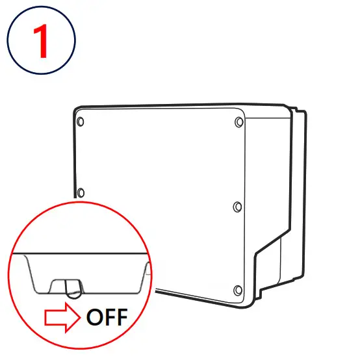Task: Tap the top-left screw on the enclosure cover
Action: (81, 122)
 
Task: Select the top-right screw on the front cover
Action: (238, 122)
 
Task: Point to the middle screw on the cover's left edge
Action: (81, 192)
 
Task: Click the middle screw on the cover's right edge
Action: (237, 206)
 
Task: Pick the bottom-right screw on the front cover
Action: (237, 289)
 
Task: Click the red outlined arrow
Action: (60, 318)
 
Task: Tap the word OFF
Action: (107, 318)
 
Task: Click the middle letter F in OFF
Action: (109, 318)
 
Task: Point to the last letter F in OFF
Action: (121, 318)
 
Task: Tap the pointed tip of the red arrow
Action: (77, 318)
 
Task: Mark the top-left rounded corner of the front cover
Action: (77, 110)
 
